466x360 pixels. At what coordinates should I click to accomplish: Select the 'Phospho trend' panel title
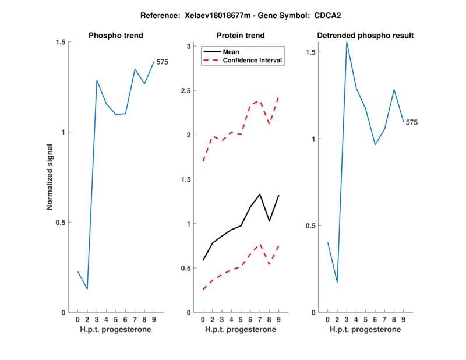(115, 36)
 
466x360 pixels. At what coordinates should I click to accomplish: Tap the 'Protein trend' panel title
(240, 36)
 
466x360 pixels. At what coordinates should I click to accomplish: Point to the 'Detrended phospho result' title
(365, 36)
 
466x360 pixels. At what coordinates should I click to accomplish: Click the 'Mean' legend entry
(231, 52)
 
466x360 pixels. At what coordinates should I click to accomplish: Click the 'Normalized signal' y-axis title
(51, 177)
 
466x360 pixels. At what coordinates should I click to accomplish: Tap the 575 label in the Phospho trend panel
(162, 62)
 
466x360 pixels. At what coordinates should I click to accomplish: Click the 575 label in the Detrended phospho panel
(412, 122)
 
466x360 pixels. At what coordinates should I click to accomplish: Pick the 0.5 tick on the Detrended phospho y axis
(312, 226)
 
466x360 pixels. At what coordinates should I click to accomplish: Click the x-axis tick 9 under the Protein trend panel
(279, 319)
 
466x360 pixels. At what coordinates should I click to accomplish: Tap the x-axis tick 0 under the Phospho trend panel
(77, 319)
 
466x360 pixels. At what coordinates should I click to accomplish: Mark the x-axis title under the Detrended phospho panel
(365, 330)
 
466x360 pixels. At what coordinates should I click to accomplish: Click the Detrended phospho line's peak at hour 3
(347, 42)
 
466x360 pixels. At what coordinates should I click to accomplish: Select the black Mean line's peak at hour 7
(260, 194)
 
